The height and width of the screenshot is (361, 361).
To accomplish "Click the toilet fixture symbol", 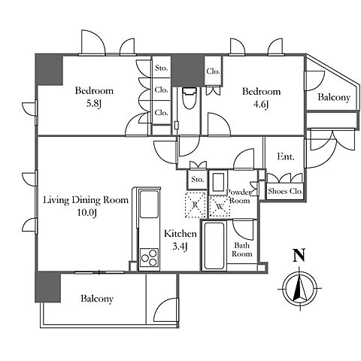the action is click(x=189, y=98).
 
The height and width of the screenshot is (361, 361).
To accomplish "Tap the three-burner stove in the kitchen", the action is click(x=149, y=258).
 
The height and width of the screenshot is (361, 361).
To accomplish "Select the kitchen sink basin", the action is click(x=149, y=205).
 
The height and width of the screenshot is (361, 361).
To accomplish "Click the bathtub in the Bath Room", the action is click(x=214, y=245).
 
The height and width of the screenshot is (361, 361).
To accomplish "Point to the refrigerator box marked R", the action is click(x=195, y=205).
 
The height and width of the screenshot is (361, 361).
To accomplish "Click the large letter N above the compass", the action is click(x=299, y=255).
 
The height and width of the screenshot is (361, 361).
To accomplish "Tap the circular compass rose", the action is click(x=299, y=288).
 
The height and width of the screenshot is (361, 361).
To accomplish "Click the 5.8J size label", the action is click(x=93, y=103).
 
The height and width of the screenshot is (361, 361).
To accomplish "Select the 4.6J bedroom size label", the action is click(x=261, y=104).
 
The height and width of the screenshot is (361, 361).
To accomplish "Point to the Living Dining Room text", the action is click(x=86, y=200).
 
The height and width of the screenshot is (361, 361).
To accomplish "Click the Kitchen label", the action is click(x=180, y=234).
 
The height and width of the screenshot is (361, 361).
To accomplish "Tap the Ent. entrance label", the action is click(x=286, y=156).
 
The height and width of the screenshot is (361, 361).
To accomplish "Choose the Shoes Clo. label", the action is click(x=285, y=191).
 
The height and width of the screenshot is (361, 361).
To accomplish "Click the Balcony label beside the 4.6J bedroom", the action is click(x=334, y=97).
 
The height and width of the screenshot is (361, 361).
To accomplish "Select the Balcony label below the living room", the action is click(x=97, y=299).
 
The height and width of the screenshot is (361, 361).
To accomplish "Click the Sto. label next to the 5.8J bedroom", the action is click(x=161, y=68).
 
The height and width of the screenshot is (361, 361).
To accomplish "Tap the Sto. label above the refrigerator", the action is click(x=198, y=179).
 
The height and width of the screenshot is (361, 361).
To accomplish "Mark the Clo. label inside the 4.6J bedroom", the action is click(x=213, y=71).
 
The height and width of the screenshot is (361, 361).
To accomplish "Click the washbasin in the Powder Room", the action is click(x=218, y=182).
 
